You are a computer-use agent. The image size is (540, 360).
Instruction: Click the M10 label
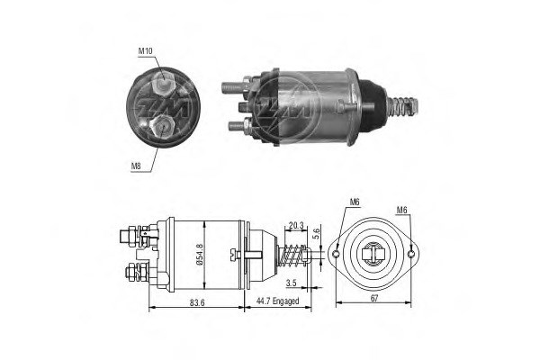click(145, 52)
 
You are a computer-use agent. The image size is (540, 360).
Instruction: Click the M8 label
click(137, 166)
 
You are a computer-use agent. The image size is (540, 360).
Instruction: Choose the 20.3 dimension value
click(295, 225)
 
